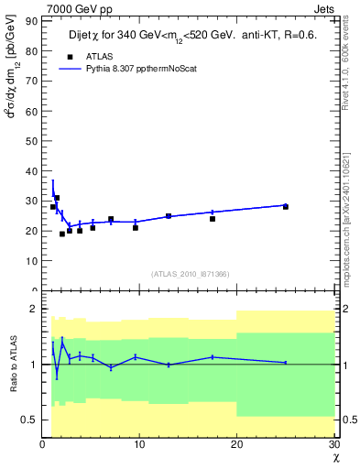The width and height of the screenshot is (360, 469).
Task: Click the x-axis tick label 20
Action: tap(237, 444)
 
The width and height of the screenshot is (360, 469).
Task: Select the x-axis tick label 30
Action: tap(333, 444)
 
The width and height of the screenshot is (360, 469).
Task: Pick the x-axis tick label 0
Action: tap(43, 444)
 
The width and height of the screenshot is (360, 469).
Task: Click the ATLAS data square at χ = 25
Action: tap(286, 207)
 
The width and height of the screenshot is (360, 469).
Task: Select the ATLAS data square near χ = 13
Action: tap(169, 216)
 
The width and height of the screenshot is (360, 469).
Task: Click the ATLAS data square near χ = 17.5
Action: tap(213, 219)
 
